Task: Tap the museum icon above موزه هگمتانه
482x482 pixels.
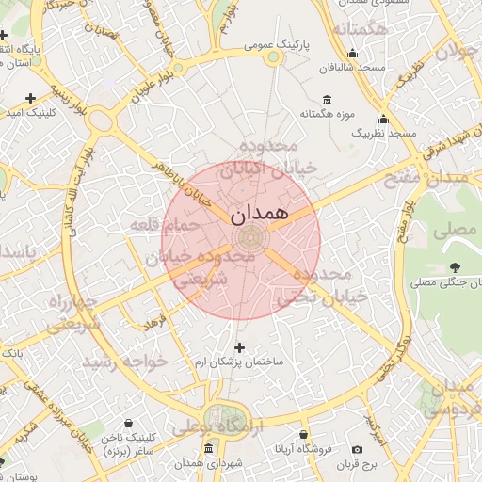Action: (x=327, y=101)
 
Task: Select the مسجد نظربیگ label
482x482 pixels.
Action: (x=383, y=134)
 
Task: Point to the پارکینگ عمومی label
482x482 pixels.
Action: (x=273, y=44)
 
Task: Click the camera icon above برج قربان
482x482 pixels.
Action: (x=357, y=450)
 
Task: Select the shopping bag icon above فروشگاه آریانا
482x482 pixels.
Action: (x=303, y=435)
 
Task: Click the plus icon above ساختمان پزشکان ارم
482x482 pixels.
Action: (x=238, y=347)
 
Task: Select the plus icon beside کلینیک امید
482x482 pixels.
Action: (x=30, y=97)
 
